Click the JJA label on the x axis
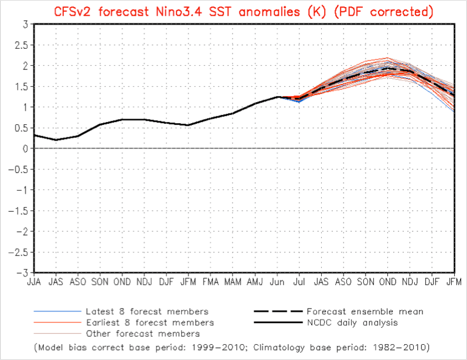click(34, 282)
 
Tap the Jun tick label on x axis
click(277, 282)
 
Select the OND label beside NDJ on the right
click(387, 282)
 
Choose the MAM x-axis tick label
click(233, 282)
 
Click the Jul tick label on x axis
click(299, 282)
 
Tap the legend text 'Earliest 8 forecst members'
click(149, 322)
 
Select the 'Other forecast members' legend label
click(142, 334)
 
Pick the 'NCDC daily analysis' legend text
click(352, 322)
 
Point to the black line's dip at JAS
click(56, 140)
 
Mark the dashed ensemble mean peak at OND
click(387, 68)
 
